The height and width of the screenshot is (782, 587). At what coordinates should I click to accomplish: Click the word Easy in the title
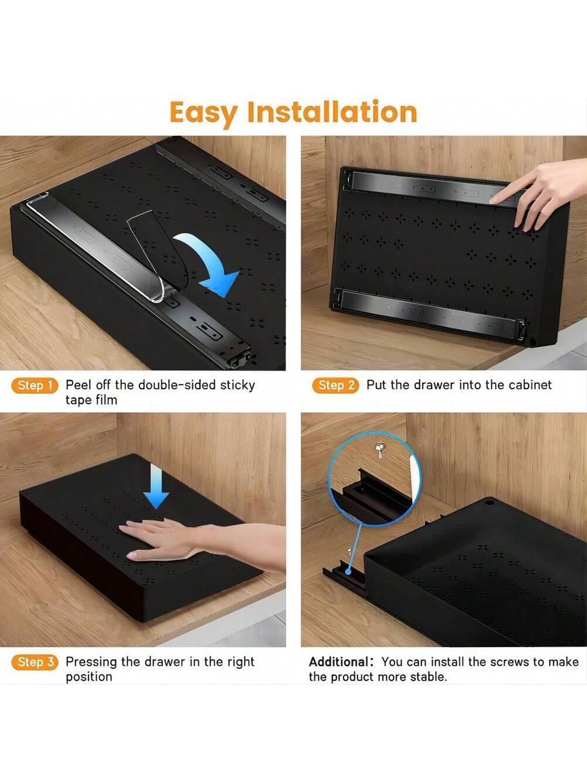coord(203,112)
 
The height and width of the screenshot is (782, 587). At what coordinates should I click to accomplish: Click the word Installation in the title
coord(331,111)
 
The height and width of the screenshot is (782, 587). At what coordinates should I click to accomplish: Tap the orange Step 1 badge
coord(35,385)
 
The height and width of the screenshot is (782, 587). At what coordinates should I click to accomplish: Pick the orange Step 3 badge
coord(35,662)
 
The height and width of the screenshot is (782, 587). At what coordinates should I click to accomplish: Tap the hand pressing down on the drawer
coord(170,538)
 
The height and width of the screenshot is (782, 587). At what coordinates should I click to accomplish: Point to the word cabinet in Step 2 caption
coord(530,385)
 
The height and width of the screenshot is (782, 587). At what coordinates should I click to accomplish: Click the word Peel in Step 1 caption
coord(77,385)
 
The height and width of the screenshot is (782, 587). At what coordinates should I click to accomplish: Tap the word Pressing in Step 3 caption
coord(91,662)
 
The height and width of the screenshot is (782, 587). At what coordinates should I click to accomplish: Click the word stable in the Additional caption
coord(427,677)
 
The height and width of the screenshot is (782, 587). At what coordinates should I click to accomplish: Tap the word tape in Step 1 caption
coord(78,400)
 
